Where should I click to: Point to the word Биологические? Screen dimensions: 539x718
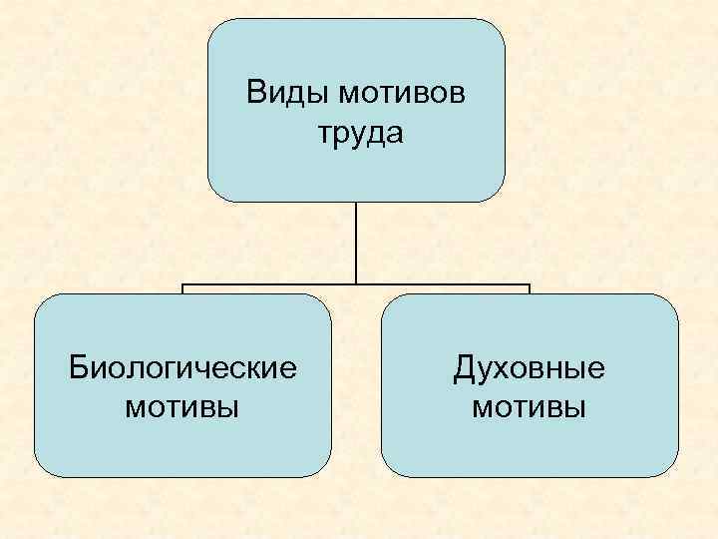(x=182, y=368)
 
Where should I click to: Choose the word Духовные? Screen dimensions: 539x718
(x=530, y=368)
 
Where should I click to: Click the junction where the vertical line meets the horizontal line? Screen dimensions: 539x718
(x=356, y=285)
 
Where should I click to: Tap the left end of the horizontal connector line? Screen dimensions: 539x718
(x=183, y=285)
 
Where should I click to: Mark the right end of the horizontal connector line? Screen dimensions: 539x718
(x=529, y=285)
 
